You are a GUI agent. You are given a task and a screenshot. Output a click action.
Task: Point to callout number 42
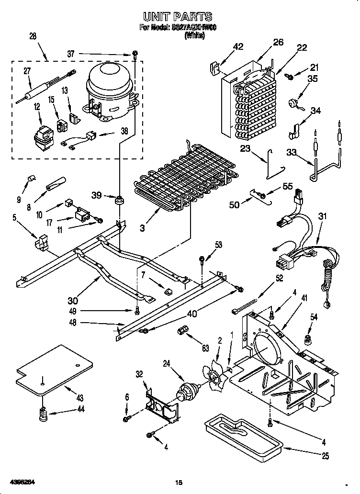[238, 46]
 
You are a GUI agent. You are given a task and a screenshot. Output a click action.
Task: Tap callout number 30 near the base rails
[72, 301]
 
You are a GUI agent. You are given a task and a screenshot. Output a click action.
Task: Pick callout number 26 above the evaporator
[278, 43]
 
